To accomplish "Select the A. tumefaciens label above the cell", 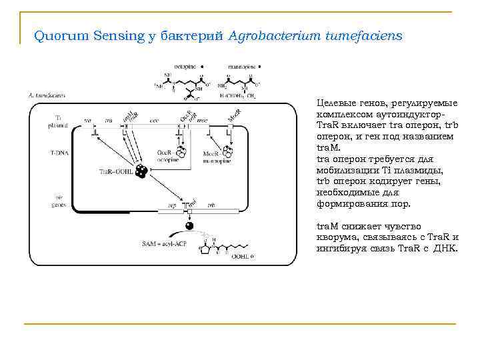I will (43, 95).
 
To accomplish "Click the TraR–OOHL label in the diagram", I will (114, 171).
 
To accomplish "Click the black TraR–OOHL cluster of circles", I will (141, 171).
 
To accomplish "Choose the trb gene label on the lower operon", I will (212, 205).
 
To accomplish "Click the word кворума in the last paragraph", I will (336, 237).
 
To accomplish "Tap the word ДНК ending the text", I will (447, 248).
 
